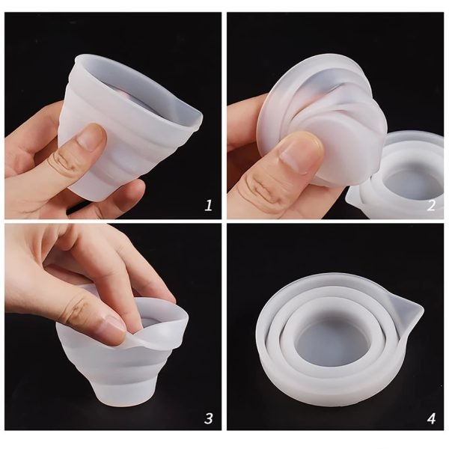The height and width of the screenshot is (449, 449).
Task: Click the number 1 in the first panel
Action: click(x=209, y=205)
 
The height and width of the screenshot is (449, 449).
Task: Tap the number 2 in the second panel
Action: click(x=431, y=205)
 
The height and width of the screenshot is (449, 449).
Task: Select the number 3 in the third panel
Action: click(x=209, y=418)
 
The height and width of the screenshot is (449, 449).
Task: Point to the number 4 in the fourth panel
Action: click(x=431, y=418)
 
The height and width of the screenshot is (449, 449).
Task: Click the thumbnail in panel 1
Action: click(x=91, y=137)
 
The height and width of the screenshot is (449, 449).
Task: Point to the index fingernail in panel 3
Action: click(x=114, y=329)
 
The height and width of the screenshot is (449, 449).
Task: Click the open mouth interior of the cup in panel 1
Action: click(x=138, y=94)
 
